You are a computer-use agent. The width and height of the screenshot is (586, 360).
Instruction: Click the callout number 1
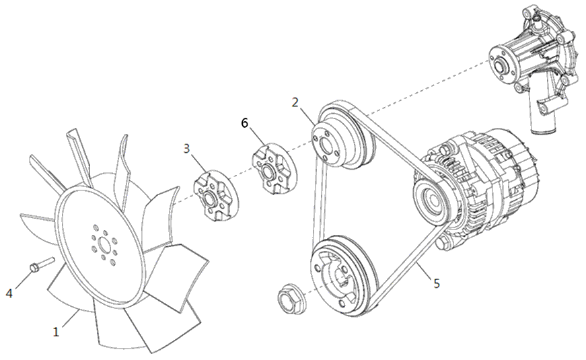coord(56,332)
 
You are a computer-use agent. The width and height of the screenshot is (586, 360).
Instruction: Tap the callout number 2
coord(295,102)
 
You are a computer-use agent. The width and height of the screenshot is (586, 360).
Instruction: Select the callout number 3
coord(187,149)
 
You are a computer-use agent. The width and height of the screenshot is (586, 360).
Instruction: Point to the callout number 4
coord(9,293)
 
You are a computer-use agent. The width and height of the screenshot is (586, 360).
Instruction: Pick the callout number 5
coord(437,283)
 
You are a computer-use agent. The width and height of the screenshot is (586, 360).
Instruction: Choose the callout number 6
coord(244,123)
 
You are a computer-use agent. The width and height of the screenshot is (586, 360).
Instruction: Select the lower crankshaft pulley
coord(342,277)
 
